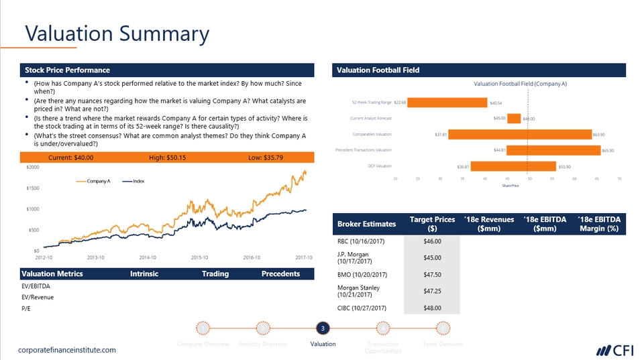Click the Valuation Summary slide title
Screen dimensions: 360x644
(x=117, y=34)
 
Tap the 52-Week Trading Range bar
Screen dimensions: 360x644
(x=447, y=103)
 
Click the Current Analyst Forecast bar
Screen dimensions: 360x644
(x=514, y=119)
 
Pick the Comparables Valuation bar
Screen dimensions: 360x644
(x=520, y=134)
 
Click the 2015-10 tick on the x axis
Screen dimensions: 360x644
(x=200, y=257)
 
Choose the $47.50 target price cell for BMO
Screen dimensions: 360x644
(x=432, y=274)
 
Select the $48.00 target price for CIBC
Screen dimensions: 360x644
(x=432, y=308)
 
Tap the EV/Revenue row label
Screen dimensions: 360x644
(x=38, y=297)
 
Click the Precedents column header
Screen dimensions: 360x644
(x=280, y=274)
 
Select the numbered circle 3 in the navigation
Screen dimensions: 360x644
(x=323, y=328)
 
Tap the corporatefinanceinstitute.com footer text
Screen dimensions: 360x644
(x=67, y=350)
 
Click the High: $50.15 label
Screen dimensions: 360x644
(x=167, y=158)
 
